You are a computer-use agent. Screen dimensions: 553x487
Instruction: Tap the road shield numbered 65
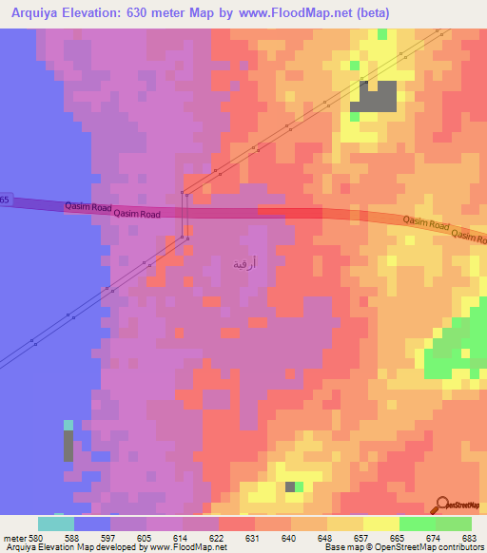click(5, 200)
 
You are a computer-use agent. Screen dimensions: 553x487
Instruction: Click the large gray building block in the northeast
click(377, 96)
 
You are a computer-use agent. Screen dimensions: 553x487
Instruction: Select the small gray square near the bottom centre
click(289, 486)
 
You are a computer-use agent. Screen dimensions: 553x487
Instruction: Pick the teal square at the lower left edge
click(68, 426)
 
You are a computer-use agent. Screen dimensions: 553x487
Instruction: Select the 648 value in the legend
click(324, 538)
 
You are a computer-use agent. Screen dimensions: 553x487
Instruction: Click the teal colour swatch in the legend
click(55, 524)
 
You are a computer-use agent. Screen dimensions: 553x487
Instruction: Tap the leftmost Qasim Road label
click(89, 205)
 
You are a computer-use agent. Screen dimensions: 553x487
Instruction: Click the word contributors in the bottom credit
click(457, 547)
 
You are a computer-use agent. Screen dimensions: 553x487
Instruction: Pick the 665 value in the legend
click(397, 538)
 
